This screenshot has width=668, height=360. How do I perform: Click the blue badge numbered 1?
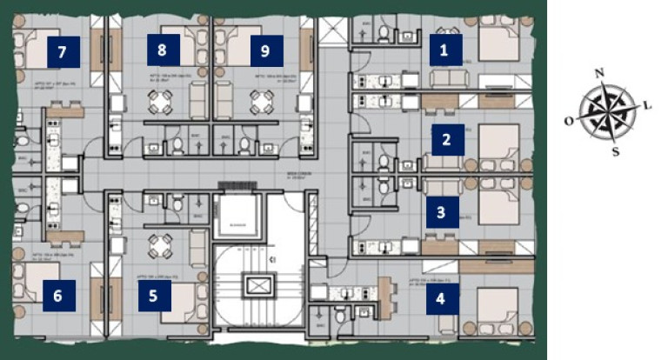click(x=444, y=51)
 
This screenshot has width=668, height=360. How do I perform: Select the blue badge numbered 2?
click(x=446, y=139)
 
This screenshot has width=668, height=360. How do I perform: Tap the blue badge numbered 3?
click(x=441, y=211)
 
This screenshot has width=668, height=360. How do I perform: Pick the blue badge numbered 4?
click(x=441, y=300)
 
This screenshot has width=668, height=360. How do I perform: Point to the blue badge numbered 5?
click(x=154, y=296)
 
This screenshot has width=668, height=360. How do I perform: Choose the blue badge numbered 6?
click(x=57, y=296)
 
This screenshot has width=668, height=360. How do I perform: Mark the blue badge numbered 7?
click(x=62, y=52)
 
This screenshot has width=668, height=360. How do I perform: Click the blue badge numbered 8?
click(x=162, y=50)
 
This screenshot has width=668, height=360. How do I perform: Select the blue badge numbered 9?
click(x=265, y=50)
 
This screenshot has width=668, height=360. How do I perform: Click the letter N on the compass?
click(x=598, y=73)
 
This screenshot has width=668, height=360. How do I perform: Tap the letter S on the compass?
click(x=615, y=151)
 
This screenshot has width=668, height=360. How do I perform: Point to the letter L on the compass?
click(x=647, y=104)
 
